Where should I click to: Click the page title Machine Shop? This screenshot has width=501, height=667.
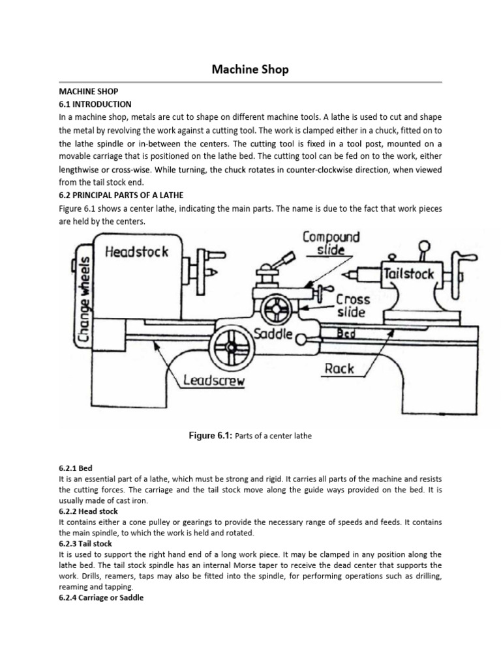250,69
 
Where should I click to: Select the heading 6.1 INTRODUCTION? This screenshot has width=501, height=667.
95,104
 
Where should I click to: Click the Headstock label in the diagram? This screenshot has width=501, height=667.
136,251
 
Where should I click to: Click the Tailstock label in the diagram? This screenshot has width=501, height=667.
408,274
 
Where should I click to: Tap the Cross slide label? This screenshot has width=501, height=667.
353,305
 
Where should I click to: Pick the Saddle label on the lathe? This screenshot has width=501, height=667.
273,333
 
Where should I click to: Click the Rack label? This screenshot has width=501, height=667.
339,369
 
